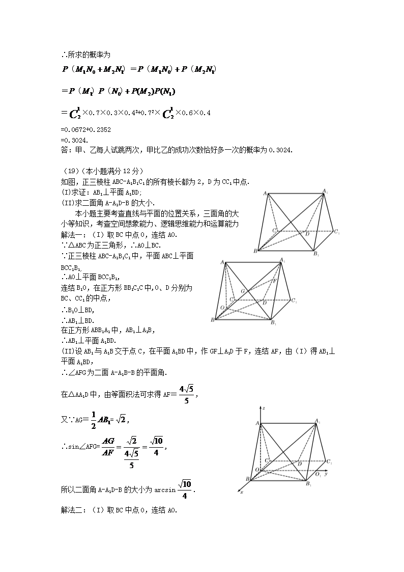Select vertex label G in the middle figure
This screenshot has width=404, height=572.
coord(243,290)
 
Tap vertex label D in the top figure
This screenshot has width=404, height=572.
coord(307,234)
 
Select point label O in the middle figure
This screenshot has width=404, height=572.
coord(222,308)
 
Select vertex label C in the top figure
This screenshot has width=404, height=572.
coord(274,231)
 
